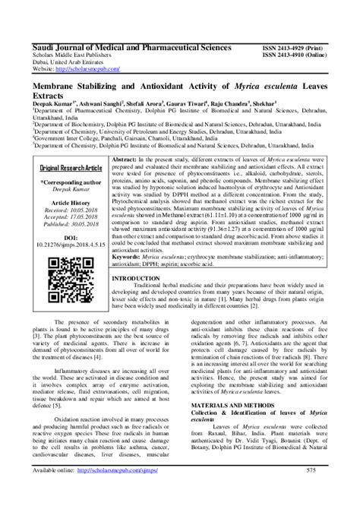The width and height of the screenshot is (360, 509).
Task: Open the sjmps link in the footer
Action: (x=115, y=492)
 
